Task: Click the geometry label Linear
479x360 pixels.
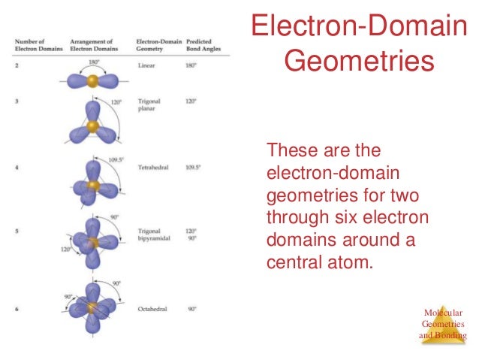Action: tap(148, 65)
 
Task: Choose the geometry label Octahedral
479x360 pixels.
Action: tap(154, 308)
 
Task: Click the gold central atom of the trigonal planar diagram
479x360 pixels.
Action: tap(92, 127)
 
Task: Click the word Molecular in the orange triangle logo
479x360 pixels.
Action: tap(443, 313)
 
